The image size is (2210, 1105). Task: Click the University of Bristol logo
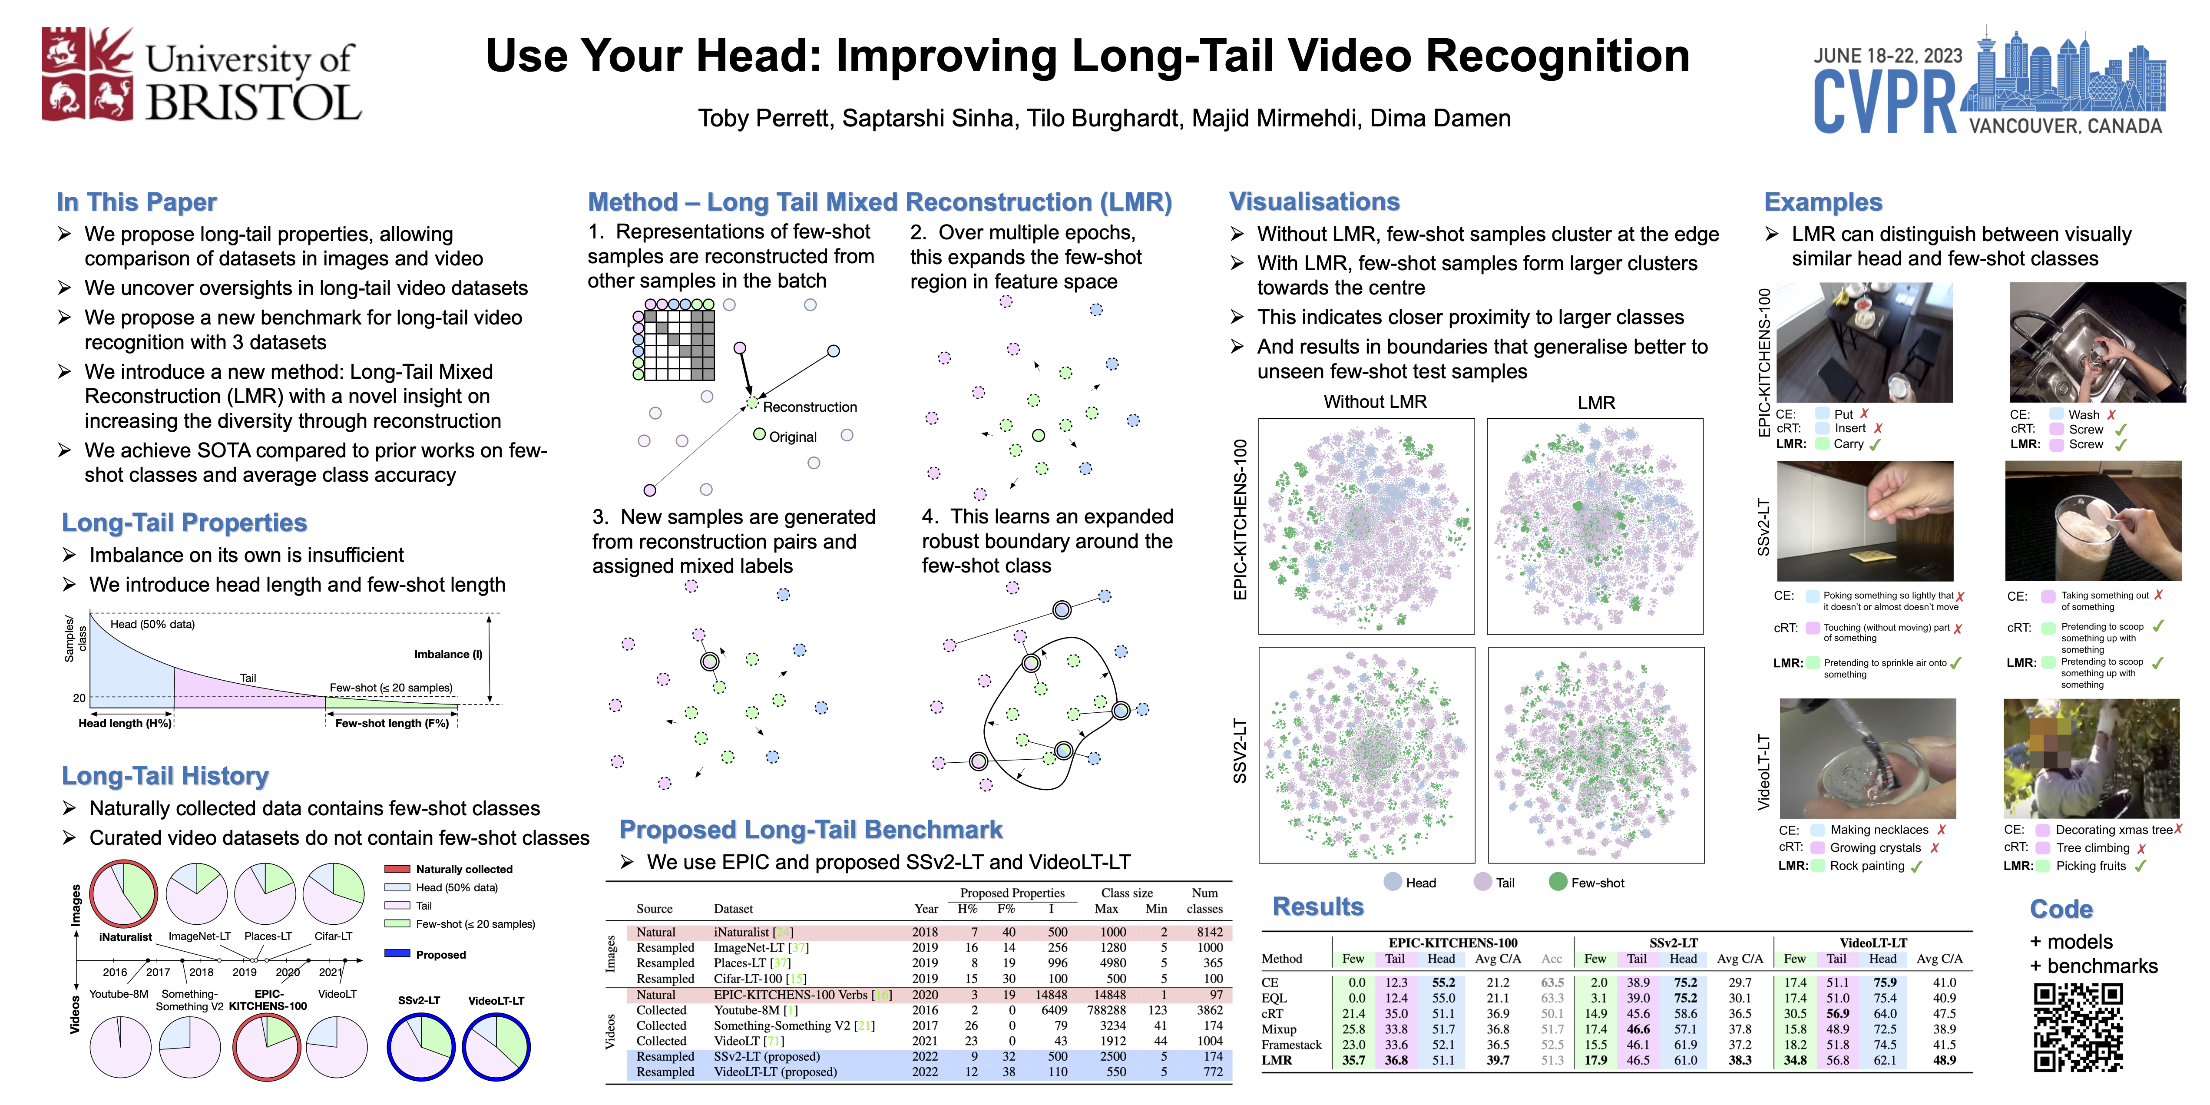click(x=202, y=76)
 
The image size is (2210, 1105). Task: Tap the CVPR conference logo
click(x=1988, y=82)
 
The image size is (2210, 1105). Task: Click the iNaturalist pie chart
click(x=123, y=893)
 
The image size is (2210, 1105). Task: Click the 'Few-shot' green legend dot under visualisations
click(x=1558, y=882)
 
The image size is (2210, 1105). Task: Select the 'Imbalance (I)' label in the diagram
click(x=448, y=654)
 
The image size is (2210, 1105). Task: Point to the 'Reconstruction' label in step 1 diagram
click(x=809, y=407)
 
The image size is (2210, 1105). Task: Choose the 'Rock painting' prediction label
click(x=1867, y=866)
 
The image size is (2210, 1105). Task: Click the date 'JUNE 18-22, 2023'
click(x=1887, y=56)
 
